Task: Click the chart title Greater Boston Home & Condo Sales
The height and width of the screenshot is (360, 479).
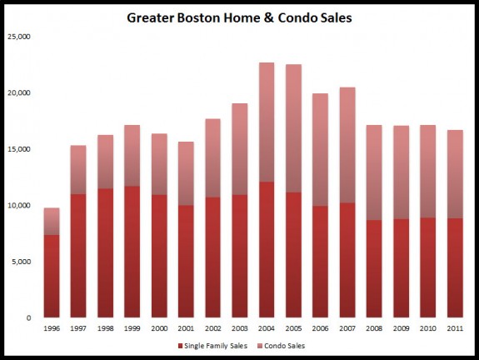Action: [x=239, y=17]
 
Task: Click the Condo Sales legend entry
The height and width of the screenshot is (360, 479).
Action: [x=298, y=344]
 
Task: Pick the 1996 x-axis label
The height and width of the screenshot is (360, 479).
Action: [x=52, y=327]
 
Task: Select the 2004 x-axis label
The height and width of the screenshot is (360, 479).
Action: [x=267, y=327]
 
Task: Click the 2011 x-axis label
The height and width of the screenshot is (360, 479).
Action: [x=455, y=327]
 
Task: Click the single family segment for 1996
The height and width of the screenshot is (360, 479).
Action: [x=52, y=276]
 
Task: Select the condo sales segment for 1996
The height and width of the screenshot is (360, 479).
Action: [x=52, y=221]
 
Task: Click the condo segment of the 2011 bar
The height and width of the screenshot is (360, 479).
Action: [x=455, y=174]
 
